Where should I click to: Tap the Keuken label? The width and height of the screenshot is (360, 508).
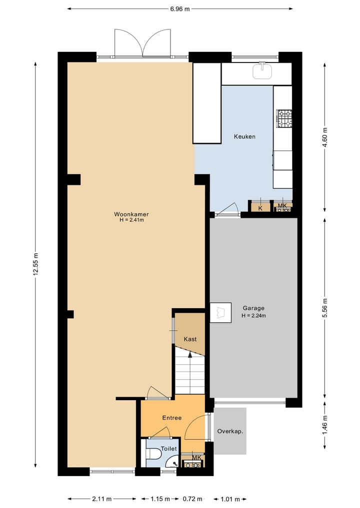[x=245, y=136]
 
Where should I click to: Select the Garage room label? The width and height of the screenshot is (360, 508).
[x=253, y=308]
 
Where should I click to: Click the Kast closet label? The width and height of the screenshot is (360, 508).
[x=190, y=339]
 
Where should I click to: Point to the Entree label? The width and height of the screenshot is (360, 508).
[x=171, y=418]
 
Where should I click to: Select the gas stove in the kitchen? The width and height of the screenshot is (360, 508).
[x=284, y=119]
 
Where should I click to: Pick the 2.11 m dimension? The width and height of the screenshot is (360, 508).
[x=101, y=499]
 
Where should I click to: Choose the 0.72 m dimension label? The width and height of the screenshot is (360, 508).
[x=192, y=499]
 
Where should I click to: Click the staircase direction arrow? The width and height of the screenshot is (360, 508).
[x=190, y=355]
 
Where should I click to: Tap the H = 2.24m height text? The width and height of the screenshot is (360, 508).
[x=253, y=315]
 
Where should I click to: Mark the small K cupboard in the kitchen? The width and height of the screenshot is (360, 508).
[x=260, y=208]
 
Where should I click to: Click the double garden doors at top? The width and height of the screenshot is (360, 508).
[x=142, y=43]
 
